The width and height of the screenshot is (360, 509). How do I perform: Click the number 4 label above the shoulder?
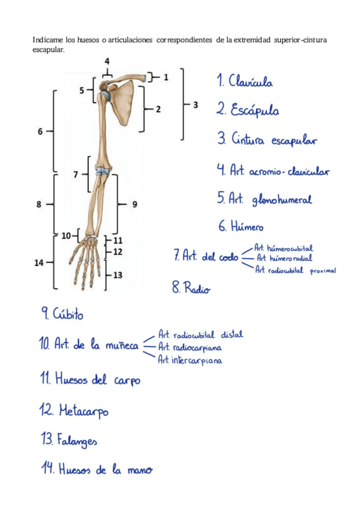107,61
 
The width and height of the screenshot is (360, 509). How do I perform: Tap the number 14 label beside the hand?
40,262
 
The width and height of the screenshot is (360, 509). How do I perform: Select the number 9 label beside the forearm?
134,204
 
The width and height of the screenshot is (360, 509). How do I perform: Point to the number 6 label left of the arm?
40,130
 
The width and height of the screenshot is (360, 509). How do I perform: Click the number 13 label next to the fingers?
118,275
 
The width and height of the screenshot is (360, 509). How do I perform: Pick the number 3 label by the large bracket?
196,105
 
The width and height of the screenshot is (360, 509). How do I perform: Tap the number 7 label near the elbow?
76,175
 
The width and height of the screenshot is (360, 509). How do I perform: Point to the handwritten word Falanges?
77,441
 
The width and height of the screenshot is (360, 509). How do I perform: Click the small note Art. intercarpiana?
190,360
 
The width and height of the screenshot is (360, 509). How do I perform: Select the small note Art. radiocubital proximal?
295,270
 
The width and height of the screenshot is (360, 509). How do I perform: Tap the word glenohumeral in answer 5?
282,200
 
